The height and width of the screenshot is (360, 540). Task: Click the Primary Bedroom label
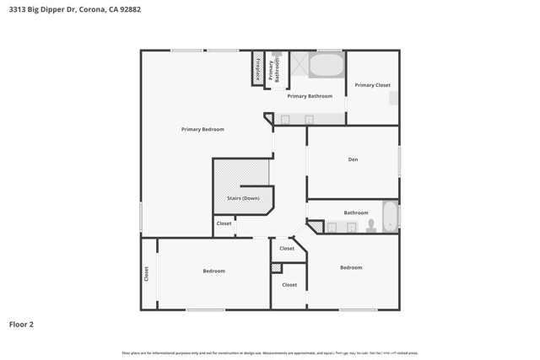(202, 129)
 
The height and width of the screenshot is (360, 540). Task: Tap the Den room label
(353, 159)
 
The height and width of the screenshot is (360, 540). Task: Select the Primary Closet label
(372, 85)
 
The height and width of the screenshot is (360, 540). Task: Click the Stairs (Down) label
(243, 198)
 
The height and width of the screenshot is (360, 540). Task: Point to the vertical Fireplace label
(257, 68)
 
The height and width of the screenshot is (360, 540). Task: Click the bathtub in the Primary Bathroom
(327, 65)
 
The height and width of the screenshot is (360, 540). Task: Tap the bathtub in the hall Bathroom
(389, 217)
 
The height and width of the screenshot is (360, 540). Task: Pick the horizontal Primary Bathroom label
(310, 96)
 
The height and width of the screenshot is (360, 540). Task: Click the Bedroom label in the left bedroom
(213, 271)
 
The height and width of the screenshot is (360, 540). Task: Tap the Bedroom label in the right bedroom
(351, 267)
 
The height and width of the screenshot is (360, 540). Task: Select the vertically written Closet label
(146, 273)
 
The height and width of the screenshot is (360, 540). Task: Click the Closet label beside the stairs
(224, 223)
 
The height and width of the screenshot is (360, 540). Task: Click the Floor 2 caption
(21, 324)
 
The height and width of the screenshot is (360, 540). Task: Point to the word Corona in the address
(93, 9)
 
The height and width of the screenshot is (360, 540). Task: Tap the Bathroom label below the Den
(356, 212)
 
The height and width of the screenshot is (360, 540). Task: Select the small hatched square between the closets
(276, 268)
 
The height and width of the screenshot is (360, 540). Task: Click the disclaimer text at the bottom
(270, 352)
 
